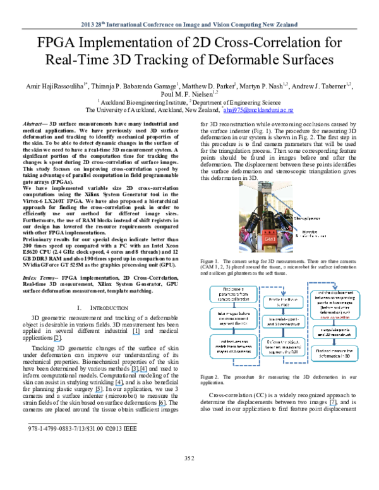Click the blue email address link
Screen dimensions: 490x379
[258, 111]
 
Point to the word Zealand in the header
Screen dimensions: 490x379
[286, 25]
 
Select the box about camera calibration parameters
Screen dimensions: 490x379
[231, 294]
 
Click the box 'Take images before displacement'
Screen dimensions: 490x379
[231, 318]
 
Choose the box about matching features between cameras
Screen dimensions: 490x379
[231, 346]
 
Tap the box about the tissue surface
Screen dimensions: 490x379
[282, 302]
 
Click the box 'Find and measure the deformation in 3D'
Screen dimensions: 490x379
[334, 353]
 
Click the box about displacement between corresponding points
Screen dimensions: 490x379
[334, 305]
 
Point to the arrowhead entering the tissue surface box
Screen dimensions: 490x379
[282, 294]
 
